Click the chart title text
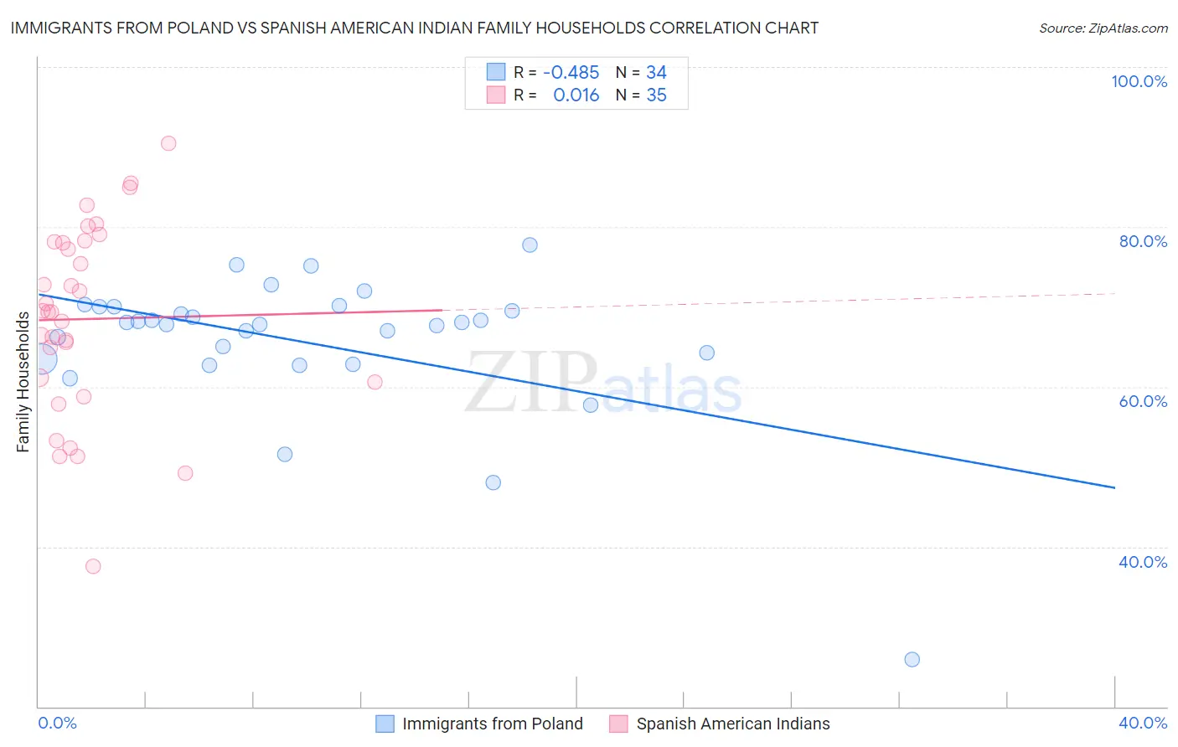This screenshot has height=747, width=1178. [x=414, y=28]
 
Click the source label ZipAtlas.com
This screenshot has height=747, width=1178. [x=1103, y=28]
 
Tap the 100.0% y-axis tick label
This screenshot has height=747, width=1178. [x=1139, y=81]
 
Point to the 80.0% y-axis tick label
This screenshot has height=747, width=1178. [x=1143, y=241]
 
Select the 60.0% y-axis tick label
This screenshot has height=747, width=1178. [x=1143, y=401]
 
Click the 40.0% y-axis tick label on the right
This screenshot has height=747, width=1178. [x=1143, y=562]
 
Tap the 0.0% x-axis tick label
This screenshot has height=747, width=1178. [x=57, y=723]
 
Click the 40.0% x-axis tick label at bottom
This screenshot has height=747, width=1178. [x=1143, y=723]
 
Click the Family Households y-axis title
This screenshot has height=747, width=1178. [x=23, y=382]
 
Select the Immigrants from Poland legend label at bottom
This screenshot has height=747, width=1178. [x=492, y=724]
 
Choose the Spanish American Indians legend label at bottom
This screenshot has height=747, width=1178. [x=732, y=724]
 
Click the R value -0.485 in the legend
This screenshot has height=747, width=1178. [x=571, y=73]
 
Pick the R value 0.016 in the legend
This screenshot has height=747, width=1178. [x=576, y=95]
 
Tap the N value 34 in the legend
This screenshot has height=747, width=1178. [x=656, y=73]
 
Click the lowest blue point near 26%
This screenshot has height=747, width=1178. [x=912, y=659]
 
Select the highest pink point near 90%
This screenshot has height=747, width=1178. [x=168, y=143]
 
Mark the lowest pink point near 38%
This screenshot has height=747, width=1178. [x=93, y=566]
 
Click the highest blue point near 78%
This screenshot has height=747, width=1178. [x=530, y=245]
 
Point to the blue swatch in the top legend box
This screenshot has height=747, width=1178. [x=496, y=72]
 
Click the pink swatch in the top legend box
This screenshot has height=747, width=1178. [x=496, y=95]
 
